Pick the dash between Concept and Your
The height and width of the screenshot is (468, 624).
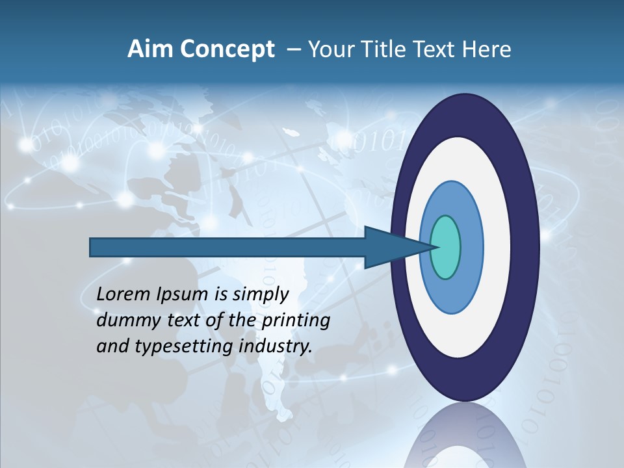293,50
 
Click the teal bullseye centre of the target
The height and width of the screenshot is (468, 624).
445,247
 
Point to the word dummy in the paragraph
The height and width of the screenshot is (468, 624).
124,320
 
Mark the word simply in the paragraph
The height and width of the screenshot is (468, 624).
260,294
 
